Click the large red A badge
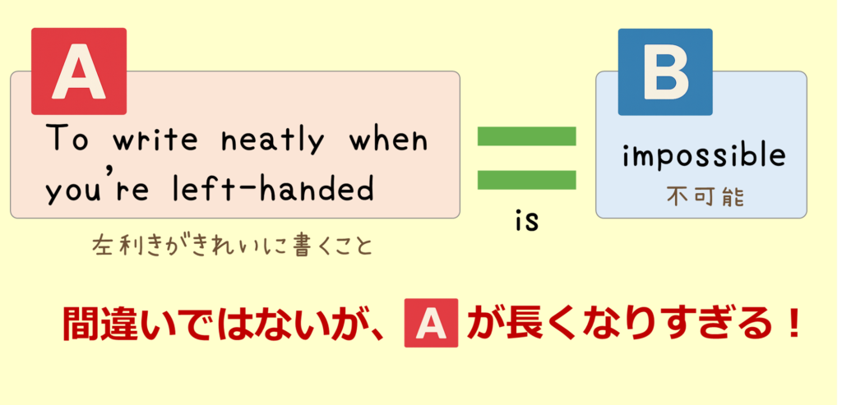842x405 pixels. click(79, 71)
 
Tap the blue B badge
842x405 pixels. click(665, 71)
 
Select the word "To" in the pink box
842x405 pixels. click(67, 138)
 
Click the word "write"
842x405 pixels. click(155, 139)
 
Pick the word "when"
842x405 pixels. click(389, 138)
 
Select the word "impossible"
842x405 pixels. click(704, 158)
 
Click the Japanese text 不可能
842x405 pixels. click(706, 197)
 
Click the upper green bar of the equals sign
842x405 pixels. click(527, 136)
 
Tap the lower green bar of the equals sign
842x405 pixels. click(527, 180)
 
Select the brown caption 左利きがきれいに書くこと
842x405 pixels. click(232, 246)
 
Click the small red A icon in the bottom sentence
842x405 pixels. click(431, 323)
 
